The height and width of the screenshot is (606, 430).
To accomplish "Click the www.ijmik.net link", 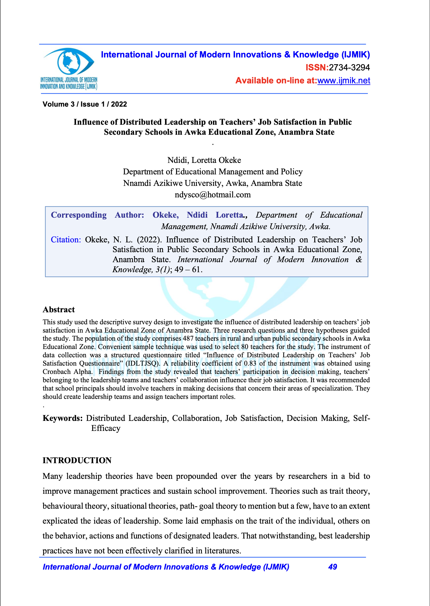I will (x=343, y=80).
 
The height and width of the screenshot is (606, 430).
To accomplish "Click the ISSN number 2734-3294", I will (x=349, y=67).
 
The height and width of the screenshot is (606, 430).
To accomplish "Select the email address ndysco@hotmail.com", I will (x=213, y=195).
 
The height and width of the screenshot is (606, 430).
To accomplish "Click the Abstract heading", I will (x=59, y=310).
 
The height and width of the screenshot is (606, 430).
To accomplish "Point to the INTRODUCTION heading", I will (x=77, y=460).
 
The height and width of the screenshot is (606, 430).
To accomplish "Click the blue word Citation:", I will (x=66, y=240).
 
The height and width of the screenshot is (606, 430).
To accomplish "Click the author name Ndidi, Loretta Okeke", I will (x=204, y=160).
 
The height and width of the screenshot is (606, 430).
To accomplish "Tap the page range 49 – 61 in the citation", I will (x=188, y=269).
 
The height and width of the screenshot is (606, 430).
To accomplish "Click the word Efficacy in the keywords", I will (x=106, y=428).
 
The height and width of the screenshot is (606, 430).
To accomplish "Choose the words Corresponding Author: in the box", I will (x=97, y=215).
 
